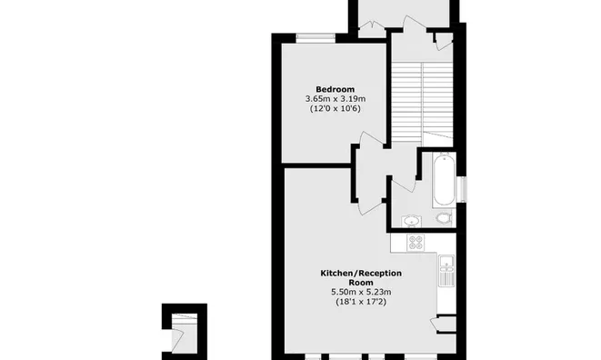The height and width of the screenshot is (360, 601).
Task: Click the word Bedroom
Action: coord(334,89)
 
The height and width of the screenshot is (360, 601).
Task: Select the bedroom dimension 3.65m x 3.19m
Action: coord(334,99)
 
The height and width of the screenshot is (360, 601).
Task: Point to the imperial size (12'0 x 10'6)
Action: coord(334,109)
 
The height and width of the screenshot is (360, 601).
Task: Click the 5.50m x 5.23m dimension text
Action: coord(361,292)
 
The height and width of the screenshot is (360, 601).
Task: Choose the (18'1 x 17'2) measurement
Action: coord(361,302)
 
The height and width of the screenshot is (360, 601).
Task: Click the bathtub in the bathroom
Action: coord(443,180)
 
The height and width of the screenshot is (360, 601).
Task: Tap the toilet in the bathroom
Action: coord(443,218)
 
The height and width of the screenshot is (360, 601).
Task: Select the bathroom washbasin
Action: coord(411,219)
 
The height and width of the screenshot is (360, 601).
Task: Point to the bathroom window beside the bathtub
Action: coord(462,187)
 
